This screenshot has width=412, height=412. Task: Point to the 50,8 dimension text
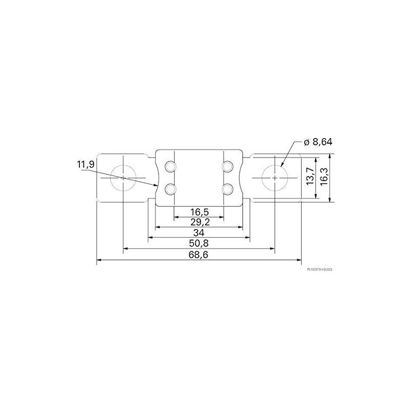pyautogui.click(x=199, y=243)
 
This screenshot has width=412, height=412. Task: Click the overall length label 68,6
pyautogui.click(x=199, y=254)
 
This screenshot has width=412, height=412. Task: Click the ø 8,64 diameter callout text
pyautogui.click(x=318, y=142)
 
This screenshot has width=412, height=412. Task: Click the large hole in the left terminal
pyautogui.click(x=123, y=178)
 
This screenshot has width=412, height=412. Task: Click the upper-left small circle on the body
pyautogui.click(x=169, y=166)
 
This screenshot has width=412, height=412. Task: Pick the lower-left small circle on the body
pyautogui.click(x=169, y=190)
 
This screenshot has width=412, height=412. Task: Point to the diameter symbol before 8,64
pyautogui.click(x=306, y=142)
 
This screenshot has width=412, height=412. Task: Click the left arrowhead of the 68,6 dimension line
pyautogui.click(x=99, y=261)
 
